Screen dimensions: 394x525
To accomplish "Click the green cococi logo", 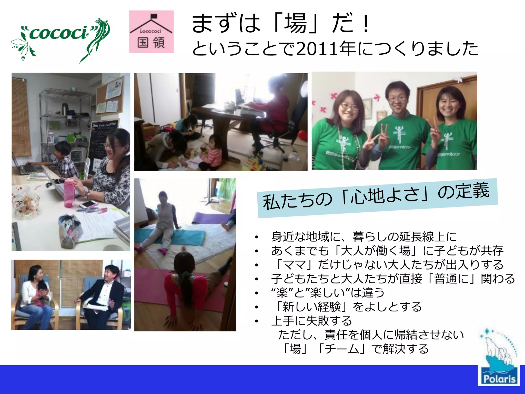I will click(60, 38).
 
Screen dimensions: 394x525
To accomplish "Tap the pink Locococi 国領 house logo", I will click(151, 32).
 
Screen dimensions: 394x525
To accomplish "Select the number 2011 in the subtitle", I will click(317, 49).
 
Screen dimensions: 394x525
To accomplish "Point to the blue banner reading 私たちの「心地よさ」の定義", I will click(377, 198).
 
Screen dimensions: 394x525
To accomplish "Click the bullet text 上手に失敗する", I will click(311, 321).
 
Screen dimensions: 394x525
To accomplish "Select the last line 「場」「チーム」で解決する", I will click(355, 349).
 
